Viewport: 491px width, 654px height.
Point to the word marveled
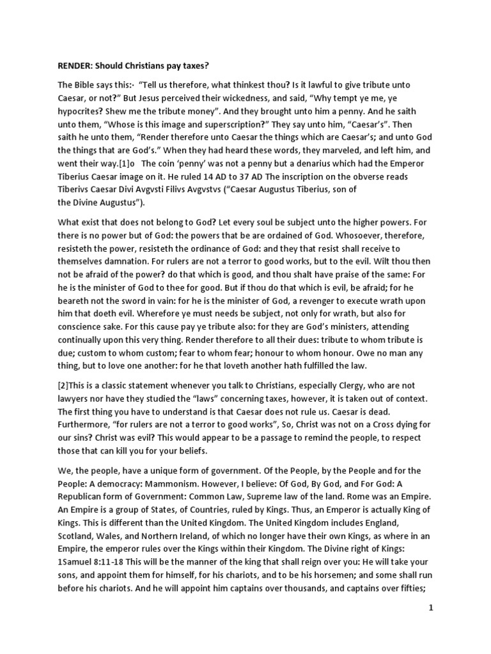pyautogui.click(x=315, y=154)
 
